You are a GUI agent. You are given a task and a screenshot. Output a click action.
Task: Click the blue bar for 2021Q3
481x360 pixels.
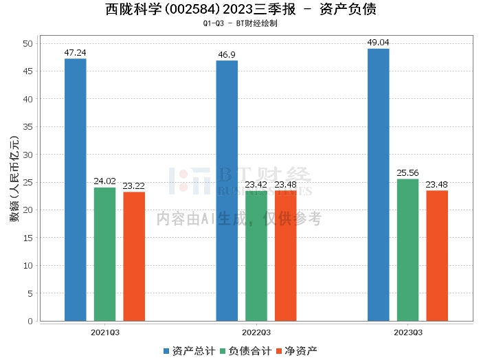[x=76, y=190]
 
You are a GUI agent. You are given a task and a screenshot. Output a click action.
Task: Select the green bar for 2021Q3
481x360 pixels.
[x=105, y=254]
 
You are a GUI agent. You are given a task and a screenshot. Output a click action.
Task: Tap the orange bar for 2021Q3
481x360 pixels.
[x=134, y=256]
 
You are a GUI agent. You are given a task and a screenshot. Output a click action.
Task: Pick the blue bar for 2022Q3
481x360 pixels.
[x=227, y=191]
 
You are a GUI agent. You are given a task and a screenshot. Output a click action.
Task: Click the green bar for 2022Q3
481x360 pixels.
[x=256, y=256]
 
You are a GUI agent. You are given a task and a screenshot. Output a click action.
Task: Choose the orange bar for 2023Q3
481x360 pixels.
[x=437, y=256]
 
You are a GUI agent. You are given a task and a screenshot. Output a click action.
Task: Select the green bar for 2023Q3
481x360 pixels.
[x=407, y=250]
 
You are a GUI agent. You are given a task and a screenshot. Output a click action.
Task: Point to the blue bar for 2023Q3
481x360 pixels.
[x=379, y=185]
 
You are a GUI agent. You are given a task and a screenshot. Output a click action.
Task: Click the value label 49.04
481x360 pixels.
[x=378, y=43]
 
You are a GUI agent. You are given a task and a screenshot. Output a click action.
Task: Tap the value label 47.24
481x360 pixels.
[x=75, y=52]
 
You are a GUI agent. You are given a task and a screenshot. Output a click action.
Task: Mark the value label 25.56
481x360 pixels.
[x=407, y=173]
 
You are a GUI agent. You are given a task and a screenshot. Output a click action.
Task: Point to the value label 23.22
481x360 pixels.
[x=134, y=185]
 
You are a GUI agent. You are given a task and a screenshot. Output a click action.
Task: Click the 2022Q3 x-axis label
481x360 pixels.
[x=256, y=333]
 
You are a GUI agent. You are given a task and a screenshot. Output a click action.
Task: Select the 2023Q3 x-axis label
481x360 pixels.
[x=408, y=333]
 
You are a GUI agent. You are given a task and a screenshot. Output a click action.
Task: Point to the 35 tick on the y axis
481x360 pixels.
[x=28, y=126]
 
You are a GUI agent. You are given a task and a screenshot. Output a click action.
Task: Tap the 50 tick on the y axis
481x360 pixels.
[x=28, y=43]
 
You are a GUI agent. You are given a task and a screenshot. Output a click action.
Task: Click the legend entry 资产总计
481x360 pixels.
[x=189, y=351]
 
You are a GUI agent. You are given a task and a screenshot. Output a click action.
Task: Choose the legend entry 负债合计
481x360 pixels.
[x=246, y=351]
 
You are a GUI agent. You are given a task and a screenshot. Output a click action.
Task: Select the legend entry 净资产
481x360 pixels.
[x=297, y=351]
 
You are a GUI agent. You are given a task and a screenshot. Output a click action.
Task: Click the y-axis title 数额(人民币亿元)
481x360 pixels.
[x=14, y=179]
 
